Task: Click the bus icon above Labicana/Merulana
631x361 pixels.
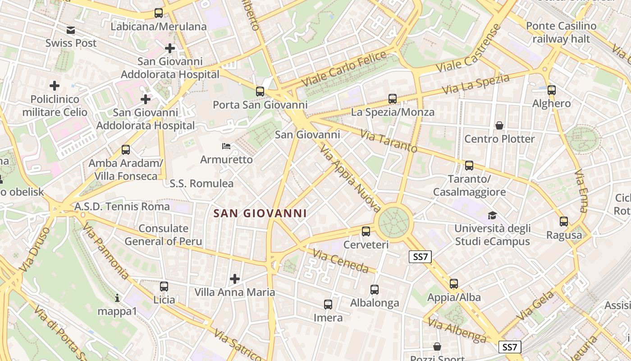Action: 158,13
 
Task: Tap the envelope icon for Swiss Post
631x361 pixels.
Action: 71,30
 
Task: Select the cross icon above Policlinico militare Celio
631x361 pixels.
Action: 55,86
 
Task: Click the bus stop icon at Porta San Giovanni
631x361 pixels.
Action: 260,92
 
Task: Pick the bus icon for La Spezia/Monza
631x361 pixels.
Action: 392,99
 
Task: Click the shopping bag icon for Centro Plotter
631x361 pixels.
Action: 499,125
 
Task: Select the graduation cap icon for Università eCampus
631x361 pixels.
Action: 492,216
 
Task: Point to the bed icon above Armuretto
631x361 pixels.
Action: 226,146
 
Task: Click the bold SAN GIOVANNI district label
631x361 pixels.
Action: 260,213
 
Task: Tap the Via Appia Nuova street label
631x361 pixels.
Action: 350,178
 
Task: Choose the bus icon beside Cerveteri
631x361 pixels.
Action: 366,231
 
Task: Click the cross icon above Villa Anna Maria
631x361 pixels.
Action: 234,279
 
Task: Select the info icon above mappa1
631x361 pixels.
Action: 117,298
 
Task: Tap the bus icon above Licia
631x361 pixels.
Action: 164,286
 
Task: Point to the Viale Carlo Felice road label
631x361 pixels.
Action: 344,69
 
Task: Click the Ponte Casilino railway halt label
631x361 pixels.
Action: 561,32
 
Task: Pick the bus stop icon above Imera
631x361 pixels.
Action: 328,305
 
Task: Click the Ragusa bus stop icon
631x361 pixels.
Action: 563,222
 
